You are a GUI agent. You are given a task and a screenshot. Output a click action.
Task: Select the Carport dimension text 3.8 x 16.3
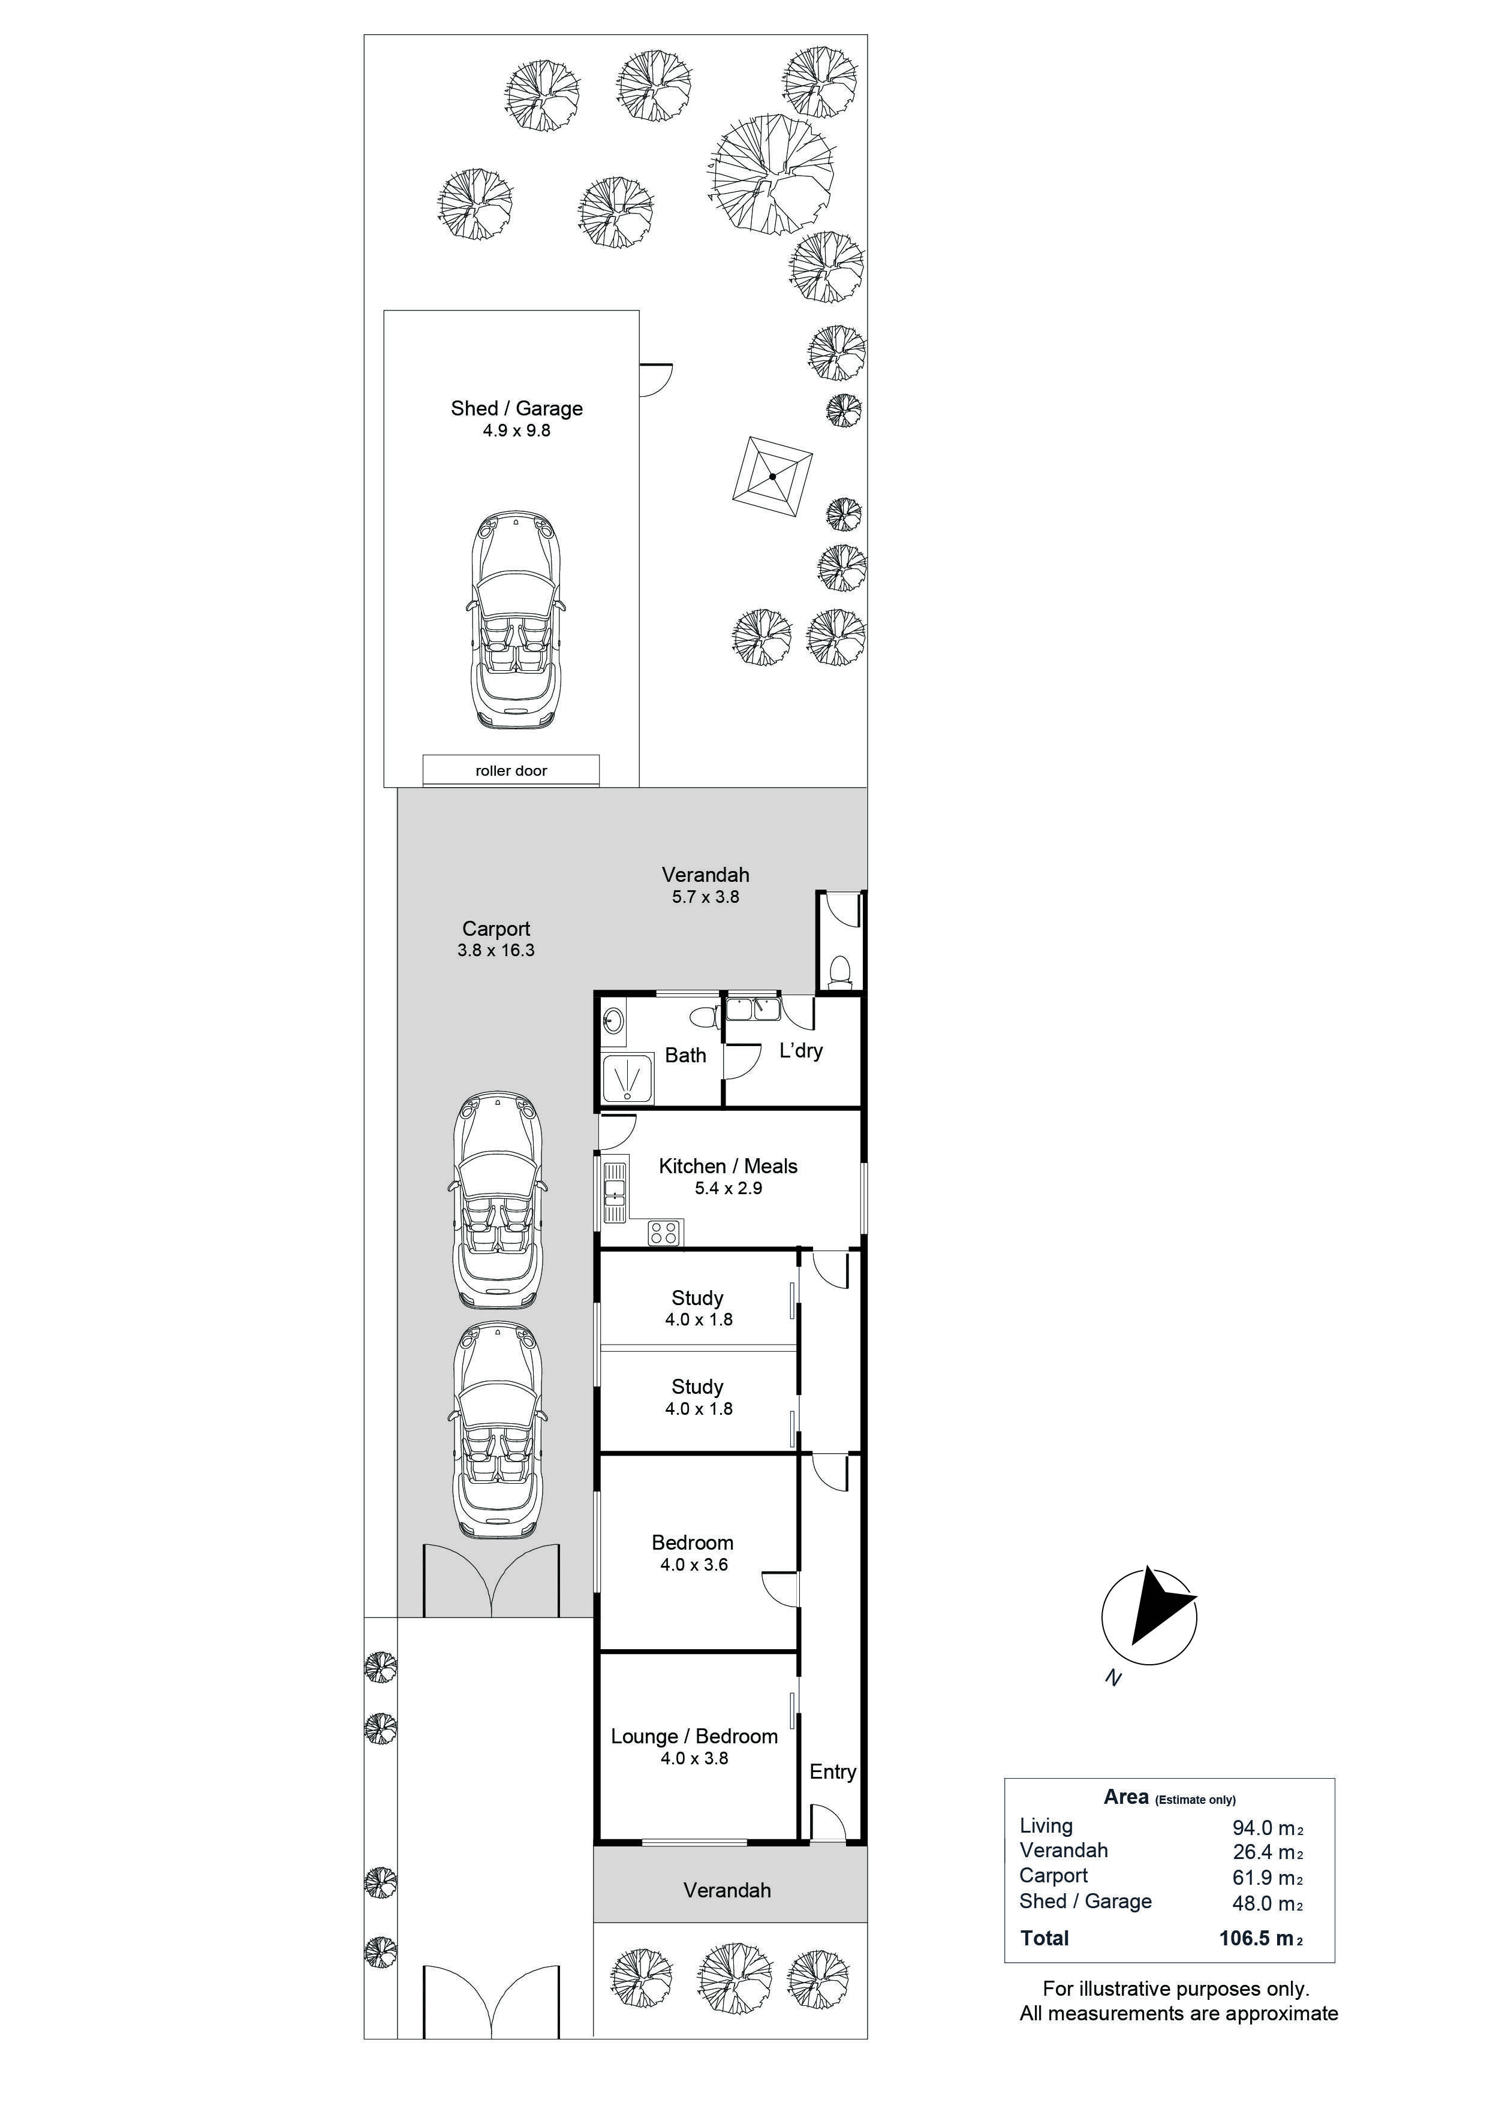496,950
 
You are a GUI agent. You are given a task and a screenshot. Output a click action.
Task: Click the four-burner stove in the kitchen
665,1233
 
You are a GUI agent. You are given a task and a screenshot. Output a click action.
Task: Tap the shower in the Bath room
628,1078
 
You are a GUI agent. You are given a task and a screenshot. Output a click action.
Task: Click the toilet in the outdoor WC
838,969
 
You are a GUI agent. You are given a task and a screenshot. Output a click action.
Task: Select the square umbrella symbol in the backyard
772,475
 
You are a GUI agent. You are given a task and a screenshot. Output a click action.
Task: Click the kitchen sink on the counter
615,1191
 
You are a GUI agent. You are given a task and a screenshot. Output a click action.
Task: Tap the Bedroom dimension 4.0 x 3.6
694,1565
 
